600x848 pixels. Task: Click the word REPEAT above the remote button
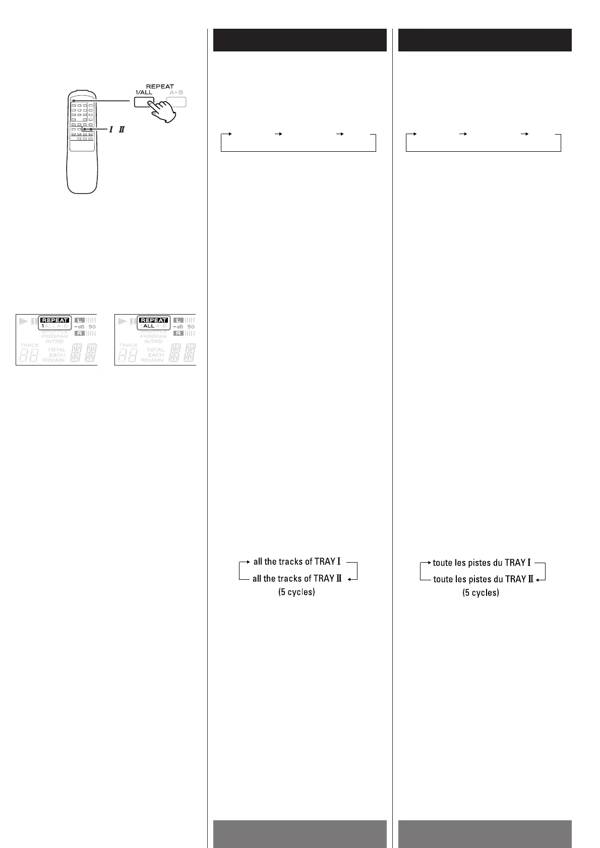pyautogui.click(x=160, y=86)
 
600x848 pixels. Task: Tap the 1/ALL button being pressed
pyautogui.click(x=144, y=101)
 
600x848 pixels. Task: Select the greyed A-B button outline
pyautogui.click(x=176, y=102)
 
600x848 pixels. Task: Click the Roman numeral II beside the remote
pyautogui.click(x=121, y=130)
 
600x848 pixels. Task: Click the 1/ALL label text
pyautogui.click(x=144, y=92)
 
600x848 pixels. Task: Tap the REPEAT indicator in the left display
pyautogui.click(x=54, y=320)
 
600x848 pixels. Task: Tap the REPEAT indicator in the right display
pyautogui.click(x=153, y=320)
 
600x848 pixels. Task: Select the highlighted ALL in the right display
pyautogui.click(x=149, y=326)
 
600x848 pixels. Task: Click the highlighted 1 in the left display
pyautogui.click(x=43, y=326)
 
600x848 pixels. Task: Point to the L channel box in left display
pyautogui.click(x=80, y=320)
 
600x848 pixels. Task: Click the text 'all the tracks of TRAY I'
pyautogui.click(x=297, y=562)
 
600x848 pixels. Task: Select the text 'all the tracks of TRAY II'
pyautogui.click(x=297, y=579)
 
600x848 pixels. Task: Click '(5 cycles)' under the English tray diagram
pyautogui.click(x=296, y=592)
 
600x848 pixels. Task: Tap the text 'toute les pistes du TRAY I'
pyautogui.click(x=482, y=563)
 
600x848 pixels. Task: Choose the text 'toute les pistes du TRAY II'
pyautogui.click(x=483, y=579)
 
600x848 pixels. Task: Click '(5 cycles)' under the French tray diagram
pyautogui.click(x=481, y=592)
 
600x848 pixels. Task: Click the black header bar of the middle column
pyautogui.click(x=299, y=40)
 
